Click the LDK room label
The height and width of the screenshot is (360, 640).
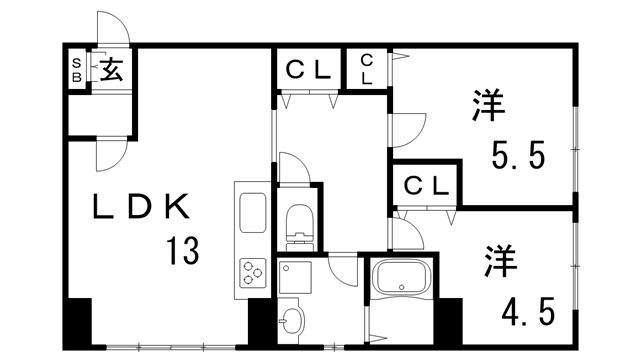coord(140,207)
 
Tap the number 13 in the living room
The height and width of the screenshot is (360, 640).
coord(181,249)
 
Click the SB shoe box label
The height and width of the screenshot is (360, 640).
coord(76,71)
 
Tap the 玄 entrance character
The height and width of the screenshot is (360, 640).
coord(111,71)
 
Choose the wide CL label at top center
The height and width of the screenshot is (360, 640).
coord(309,70)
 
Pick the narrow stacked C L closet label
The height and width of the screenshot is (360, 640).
coord(367,68)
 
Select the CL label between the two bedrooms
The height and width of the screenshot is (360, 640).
coord(425,186)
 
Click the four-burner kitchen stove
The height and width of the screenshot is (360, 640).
coord(251,273)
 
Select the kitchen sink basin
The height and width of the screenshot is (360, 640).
coord(251,213)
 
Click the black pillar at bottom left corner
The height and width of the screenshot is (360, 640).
coord(77,324)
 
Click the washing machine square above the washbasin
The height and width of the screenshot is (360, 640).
coord(296,275)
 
